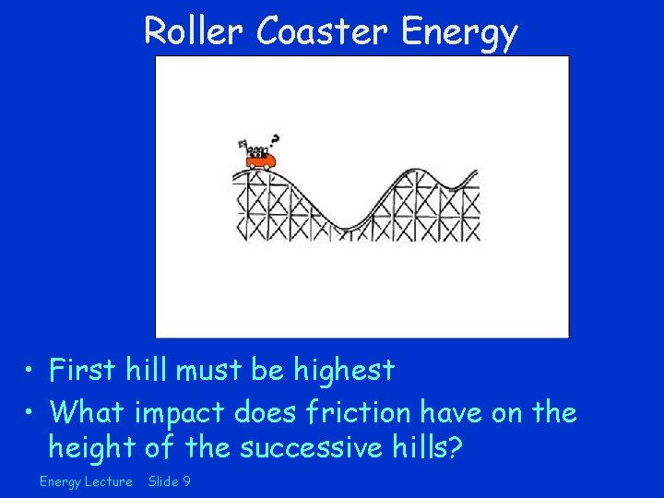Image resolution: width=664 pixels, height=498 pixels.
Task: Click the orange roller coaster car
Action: click(x=261, y=160)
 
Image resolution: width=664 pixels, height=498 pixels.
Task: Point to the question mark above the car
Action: click(x=274, y=141)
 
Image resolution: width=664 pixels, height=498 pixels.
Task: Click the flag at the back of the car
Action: click(x=243, y=145)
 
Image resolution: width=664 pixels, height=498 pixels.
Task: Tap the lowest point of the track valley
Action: click(x=348, y=227)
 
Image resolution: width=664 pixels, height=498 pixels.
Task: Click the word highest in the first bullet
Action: click(x=344, y=371)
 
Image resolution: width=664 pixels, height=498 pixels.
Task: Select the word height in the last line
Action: click(x=92, y=448)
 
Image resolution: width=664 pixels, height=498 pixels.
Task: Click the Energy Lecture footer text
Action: click(x=86, y=481)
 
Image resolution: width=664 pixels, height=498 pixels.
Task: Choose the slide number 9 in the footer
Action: click(x=186, y=481)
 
